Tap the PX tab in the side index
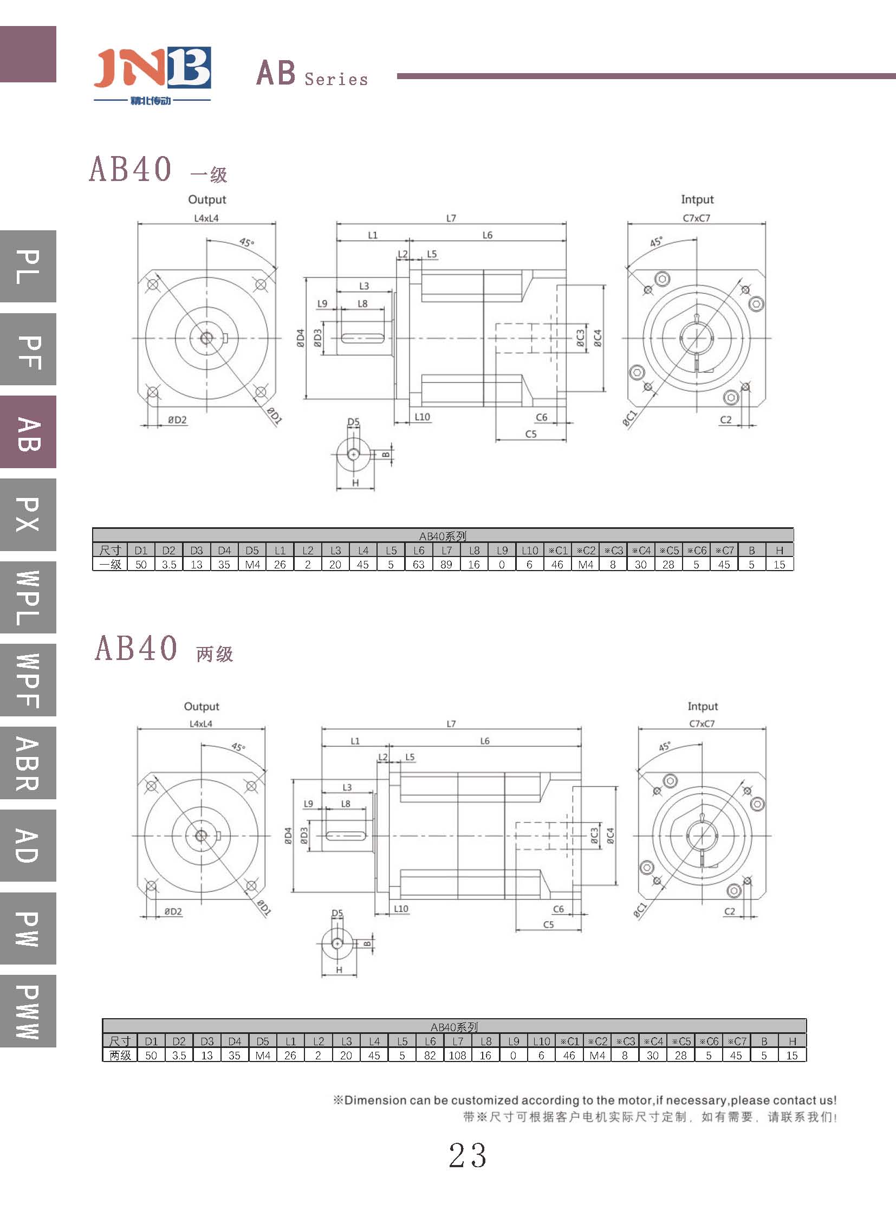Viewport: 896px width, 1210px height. click(x=28, y=514)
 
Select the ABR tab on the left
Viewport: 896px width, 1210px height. click(x=28, y=762)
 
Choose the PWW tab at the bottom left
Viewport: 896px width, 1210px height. click(x=28, y=1012)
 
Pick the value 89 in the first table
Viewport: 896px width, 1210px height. click(x=446, y=564)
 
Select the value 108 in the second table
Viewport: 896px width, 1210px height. click(x=457, y=1056)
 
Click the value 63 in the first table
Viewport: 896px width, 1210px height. click(x=418, y=564)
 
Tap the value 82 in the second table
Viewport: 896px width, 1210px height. click(x=430, y=1056)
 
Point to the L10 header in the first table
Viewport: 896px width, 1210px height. click(x=529, y=550)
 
